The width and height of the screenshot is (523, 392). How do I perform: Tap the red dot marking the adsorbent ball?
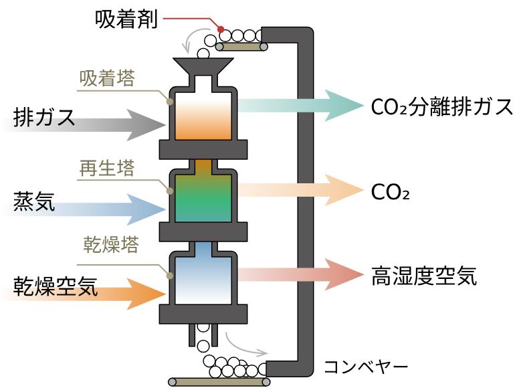(220, 28)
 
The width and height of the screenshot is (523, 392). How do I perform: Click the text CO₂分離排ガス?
(442, 106)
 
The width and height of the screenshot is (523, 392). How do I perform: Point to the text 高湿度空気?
(424, 276)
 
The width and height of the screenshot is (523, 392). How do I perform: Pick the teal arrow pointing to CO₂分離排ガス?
(301, 105)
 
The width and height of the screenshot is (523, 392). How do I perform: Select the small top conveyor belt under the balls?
(241, 46)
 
